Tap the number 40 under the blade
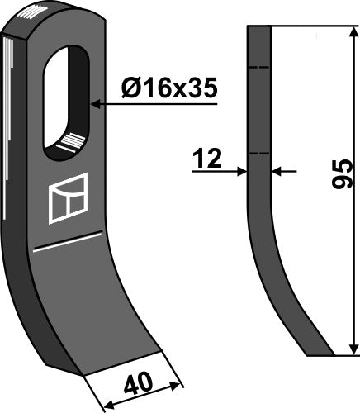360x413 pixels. click(140, 384)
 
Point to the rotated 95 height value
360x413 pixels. click(341, 175)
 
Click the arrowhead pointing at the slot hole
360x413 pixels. click(97, 105)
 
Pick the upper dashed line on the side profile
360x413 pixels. click(259, 68)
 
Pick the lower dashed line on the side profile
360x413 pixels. click(259, 154)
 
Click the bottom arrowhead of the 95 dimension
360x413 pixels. click(353, 350)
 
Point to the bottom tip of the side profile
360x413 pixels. click(320, 355)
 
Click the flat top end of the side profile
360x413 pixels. click(259, 26)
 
